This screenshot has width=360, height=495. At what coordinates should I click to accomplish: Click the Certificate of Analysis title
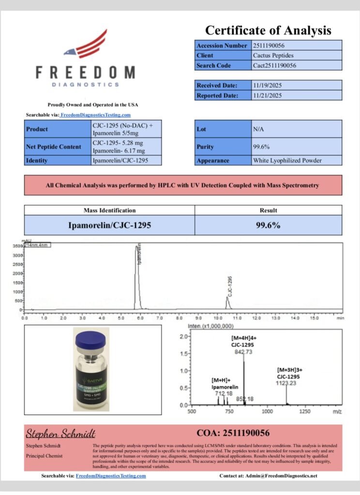268,30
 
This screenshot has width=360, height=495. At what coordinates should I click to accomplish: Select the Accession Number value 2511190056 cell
297,45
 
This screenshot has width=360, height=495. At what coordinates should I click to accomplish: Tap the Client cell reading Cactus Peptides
297,56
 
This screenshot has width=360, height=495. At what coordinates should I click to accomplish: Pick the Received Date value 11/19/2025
297,85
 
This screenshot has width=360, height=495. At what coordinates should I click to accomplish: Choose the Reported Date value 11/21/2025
297,95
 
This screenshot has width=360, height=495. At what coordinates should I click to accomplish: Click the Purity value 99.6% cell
297,146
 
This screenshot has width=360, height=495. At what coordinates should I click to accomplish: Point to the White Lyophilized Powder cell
297,160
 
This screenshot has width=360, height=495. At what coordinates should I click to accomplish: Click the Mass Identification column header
110,210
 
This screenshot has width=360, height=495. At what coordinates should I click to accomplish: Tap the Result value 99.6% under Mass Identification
269,225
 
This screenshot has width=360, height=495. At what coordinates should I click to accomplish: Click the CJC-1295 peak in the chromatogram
227,301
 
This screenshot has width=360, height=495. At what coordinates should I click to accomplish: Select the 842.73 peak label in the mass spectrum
243,352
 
